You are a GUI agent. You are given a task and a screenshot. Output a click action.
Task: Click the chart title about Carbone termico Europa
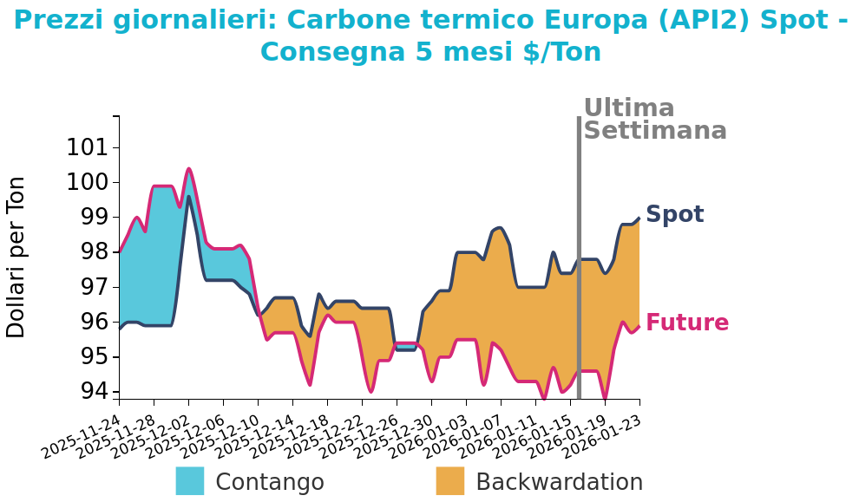click(430, 36)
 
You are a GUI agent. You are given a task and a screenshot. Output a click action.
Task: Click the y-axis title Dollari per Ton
click(16, 257)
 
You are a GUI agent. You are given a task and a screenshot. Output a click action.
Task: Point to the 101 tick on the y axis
click(89, 147)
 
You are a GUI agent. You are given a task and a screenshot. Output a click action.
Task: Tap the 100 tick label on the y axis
click(89, 182)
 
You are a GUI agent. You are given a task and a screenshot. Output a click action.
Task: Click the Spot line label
click(674, 215)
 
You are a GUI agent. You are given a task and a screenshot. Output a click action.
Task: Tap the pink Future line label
click(687, 323)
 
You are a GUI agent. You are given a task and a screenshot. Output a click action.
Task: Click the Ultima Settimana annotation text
click(654, 120)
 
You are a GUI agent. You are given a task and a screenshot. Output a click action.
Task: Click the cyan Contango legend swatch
click(190, 481)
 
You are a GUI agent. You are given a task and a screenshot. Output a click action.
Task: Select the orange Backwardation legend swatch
click(449, 481)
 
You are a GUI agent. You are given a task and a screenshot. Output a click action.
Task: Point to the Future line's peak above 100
click(188, 169)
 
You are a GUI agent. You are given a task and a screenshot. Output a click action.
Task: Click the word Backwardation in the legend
click(559, 483)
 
